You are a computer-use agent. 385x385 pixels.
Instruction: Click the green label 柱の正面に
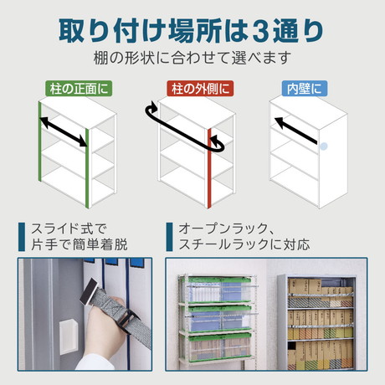coord(79,89)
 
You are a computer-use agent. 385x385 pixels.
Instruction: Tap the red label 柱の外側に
coord(200,89)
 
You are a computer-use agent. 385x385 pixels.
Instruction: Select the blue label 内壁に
coord(305,89)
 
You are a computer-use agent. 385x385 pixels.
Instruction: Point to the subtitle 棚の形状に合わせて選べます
coord(192,58)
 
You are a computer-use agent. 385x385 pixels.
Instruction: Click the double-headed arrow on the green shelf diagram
coord(64,132)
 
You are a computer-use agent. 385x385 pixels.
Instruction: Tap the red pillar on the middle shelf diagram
coord(209,168)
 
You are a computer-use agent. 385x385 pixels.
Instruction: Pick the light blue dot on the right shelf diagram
coord(323,146)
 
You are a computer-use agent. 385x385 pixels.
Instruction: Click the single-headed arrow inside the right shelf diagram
coord(296,131)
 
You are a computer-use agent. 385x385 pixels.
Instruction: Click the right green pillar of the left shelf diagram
coord(87,168)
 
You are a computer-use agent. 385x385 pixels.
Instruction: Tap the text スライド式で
coord(69,228)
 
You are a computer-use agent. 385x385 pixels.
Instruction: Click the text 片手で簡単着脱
coord(80,244)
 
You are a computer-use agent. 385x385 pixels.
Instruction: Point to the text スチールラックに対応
coord(244,244)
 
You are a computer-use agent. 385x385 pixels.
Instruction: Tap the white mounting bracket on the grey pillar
coord(68,337)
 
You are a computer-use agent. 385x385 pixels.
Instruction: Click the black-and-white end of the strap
coord(89,292)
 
